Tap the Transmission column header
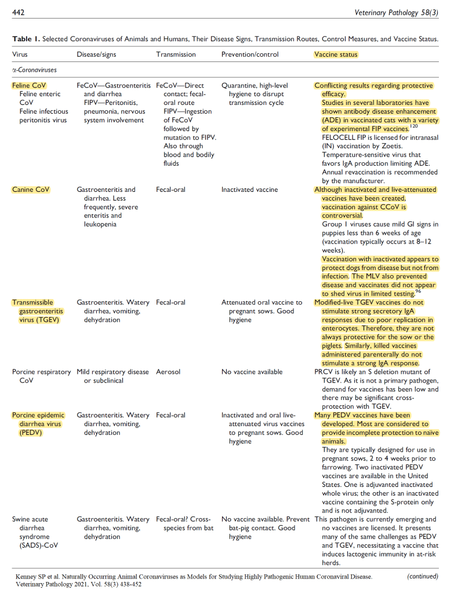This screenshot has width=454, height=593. (x=176, y=54)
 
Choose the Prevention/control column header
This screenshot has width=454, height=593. (x=250, y=54)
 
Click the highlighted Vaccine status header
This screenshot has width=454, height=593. (x=336, y=54)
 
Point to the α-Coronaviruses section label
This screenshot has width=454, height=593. (x=34, y=70)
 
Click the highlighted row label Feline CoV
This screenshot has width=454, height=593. (x=29, y=86)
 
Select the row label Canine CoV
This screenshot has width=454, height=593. (x=31, y=190)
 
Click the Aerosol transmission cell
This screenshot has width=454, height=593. (x=168, y=372)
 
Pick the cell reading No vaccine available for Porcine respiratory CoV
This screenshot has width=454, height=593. (x=252, y=372)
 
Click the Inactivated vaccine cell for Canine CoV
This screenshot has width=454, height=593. (x=249, y=190)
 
